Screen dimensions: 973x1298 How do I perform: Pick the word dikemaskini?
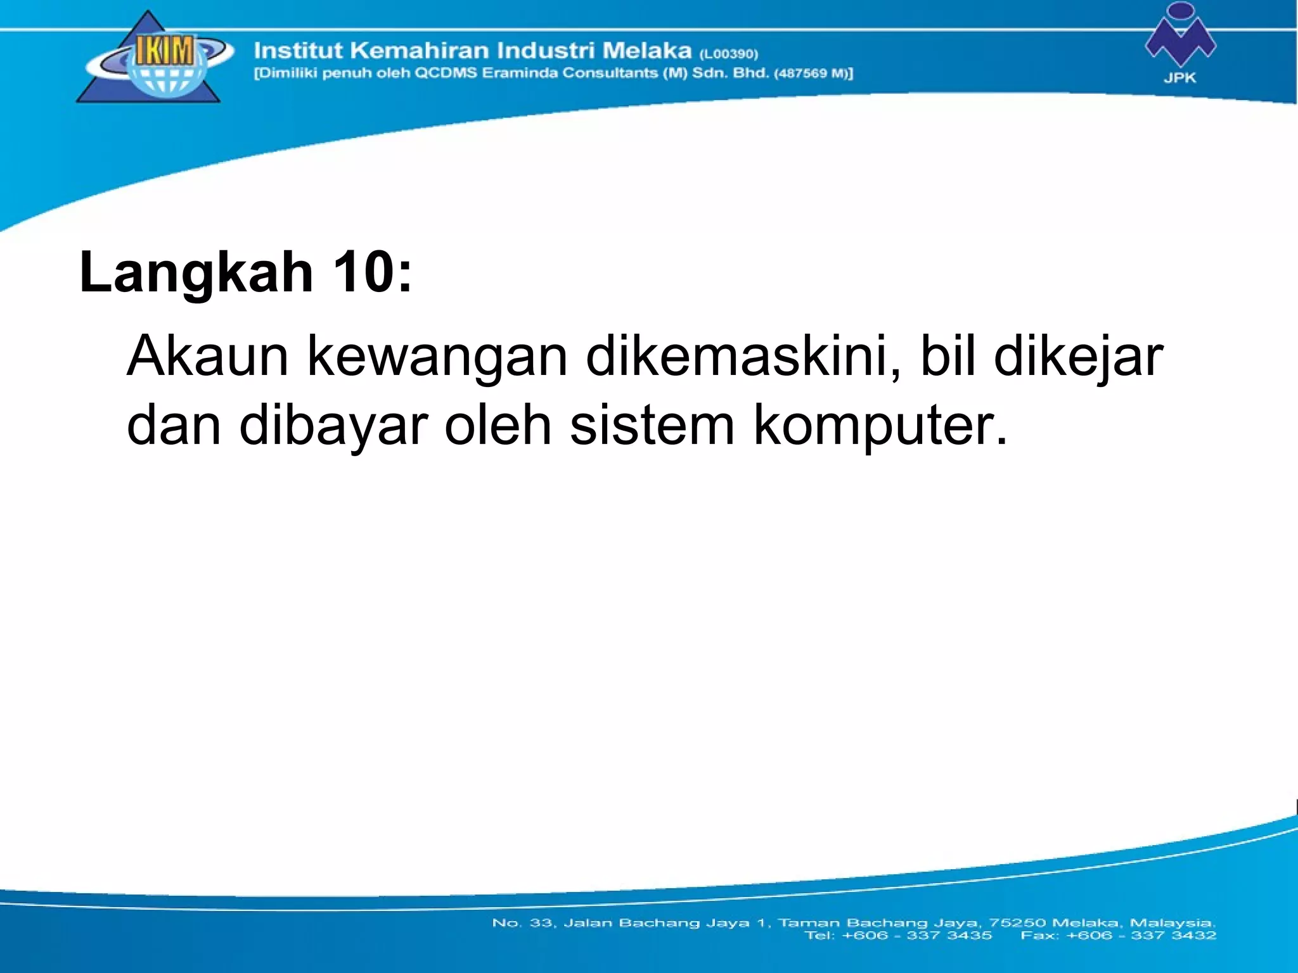tap(742, 357)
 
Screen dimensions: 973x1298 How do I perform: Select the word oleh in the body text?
tap(498, 425)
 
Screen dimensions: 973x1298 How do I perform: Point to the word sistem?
tap(652, 425)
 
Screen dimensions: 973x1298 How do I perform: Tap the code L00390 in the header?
tap(728, 54)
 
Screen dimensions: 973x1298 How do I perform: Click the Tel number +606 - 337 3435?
tap(916, 936)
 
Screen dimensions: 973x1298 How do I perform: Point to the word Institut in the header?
tap(298, 50)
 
